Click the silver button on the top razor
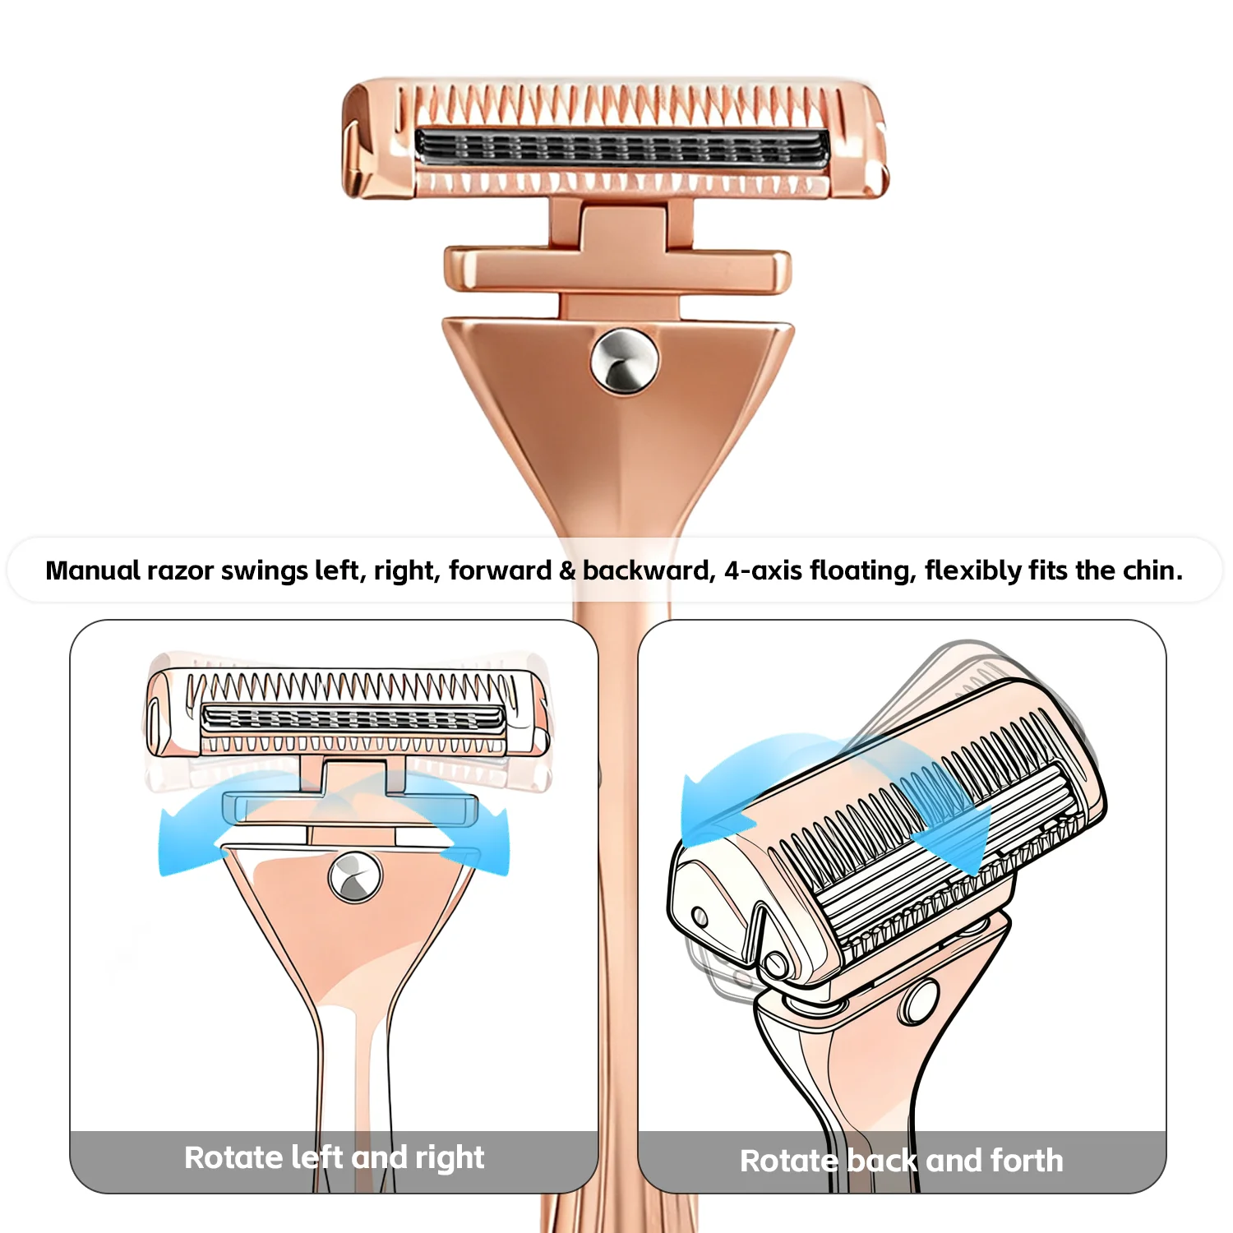point(624,361)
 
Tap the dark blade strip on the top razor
point(621,149)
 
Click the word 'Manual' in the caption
point(93,570)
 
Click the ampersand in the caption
point(567,570)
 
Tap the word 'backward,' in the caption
point(649,570)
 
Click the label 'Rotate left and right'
point(334,1157)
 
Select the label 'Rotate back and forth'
point(901,1161)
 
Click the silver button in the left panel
point(355,877)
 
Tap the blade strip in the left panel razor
point(353,718)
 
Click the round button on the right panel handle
point(921,1001)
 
